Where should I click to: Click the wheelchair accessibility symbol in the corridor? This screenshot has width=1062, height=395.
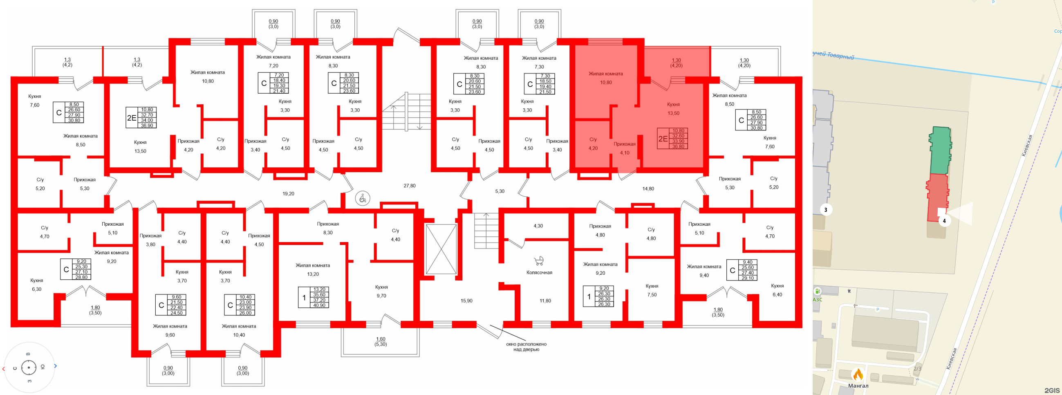point(363,199)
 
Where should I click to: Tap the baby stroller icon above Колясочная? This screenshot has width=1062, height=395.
point(539,261)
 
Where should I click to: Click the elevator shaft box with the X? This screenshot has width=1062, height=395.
point(441,249)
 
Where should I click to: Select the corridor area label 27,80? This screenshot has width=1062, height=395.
point(409,186)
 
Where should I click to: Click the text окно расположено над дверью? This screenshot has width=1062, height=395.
point(526,347)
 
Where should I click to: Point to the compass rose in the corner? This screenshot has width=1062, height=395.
point(29,367)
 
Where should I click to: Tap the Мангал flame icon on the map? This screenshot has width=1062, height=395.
point(858,375)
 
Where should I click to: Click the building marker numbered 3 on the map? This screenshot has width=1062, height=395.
point(825,209)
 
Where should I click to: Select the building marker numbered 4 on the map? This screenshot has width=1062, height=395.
point(944,220)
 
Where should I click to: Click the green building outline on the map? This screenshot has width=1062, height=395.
point(940,151)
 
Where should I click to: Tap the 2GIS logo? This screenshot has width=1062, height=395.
point(1052,390)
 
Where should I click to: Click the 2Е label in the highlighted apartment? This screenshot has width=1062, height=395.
point(663,139)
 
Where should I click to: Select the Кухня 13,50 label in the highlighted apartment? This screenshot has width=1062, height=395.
point(673,109)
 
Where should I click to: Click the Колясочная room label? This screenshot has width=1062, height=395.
point(539,273)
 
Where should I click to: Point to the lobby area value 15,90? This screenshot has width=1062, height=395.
point(466,301)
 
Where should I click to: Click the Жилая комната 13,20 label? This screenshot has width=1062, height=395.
point(312,269)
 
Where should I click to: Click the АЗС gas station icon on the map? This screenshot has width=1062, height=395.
point(818,292)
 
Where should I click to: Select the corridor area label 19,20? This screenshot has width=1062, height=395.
point(288,194)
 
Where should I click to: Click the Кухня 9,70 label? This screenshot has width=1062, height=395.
point(381,292)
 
